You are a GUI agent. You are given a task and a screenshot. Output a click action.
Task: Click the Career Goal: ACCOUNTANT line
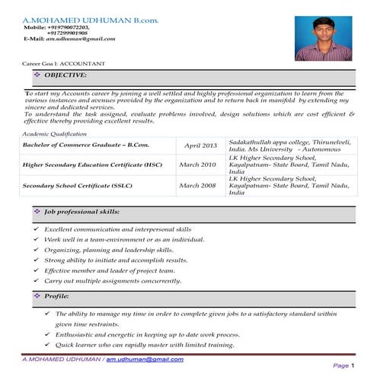64,62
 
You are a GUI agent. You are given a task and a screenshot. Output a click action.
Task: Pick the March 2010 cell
197,164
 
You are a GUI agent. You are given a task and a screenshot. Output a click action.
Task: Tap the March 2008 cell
197,185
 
